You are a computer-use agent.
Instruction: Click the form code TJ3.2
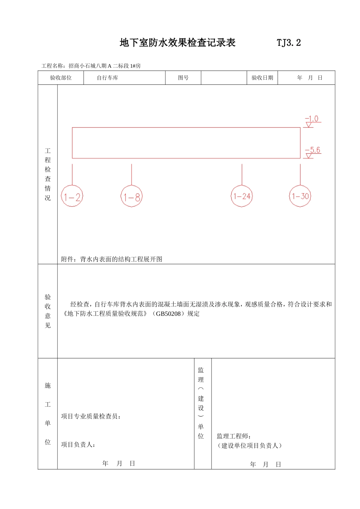pos(289,43)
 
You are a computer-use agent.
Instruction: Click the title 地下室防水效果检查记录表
pos(177,43)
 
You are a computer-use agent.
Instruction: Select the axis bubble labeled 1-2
pos(72,197)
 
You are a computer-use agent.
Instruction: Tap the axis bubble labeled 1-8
pos(131,197)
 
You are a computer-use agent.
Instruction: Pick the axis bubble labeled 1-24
pos(242,196)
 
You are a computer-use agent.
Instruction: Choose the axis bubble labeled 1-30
pos(300,196)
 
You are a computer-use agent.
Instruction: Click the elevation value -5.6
pos(313,150)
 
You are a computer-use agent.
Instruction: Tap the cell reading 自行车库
pos(107,78)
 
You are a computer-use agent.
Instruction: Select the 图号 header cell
pos(183,78)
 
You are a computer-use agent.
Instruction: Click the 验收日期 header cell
pos(262,78)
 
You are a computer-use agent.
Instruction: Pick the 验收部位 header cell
pos(61,78)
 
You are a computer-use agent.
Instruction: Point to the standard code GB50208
pos(168,314)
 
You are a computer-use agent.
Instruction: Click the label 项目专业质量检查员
pos(91,417)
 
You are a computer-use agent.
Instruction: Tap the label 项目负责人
pos(78,445)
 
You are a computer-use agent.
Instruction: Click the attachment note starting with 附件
pos(112,259)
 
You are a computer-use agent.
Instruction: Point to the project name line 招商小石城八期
pos(91,66)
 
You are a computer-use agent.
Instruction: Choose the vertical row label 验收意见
pos(48,311)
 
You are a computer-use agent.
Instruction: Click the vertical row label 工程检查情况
pos(48,174)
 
